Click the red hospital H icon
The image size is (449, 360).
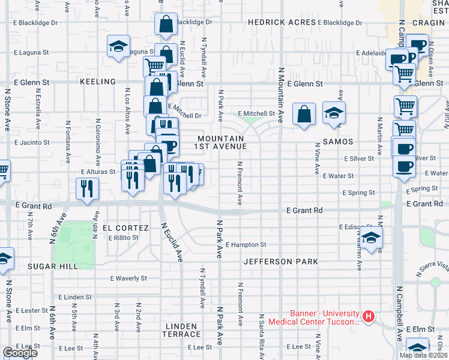[x=369, y=315]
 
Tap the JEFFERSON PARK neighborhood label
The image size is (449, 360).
[x=280, y=262]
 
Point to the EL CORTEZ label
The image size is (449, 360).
[x=125, y=228]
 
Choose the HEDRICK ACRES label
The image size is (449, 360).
[x=282, y=22]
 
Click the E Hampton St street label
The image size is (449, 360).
[x=246, y=245]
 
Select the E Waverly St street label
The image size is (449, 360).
[x=129, y=278]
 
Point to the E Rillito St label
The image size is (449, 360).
[x=124, y=238]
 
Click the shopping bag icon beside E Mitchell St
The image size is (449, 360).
[x=304, y=113]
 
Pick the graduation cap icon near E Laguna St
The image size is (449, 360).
[x=118, y=46]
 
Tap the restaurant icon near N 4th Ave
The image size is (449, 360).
[x=87, y=188]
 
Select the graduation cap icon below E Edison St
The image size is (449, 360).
[x=372, y=237]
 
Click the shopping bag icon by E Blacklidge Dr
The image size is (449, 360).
[x=166, y=25]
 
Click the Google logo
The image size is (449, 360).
[x=20, y=353]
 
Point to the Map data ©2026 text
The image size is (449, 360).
[x=423, y=355]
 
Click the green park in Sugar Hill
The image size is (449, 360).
[x=74, y=244]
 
